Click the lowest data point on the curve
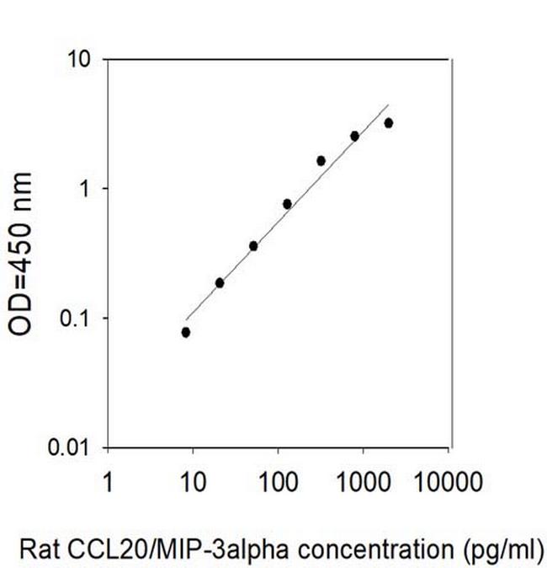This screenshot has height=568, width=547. point(185,332)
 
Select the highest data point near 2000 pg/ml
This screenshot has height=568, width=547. point(388,123)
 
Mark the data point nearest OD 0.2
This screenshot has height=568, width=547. point(220,283)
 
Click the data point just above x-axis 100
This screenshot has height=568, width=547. point(287,204)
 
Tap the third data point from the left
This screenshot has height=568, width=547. point(253,246)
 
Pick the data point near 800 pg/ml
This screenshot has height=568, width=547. point(354,136)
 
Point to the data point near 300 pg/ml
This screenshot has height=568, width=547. point(321,160)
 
